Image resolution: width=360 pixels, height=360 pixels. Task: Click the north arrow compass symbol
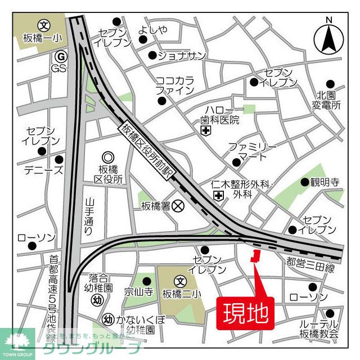pos(330,36)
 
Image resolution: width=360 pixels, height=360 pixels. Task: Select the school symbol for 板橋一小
pos(44,25)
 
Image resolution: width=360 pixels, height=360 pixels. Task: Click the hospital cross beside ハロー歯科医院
pos(206,130)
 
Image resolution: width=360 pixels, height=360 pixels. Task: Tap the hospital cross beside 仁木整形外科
pos(218,195)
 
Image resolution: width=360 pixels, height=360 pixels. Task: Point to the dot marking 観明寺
pos(305,182)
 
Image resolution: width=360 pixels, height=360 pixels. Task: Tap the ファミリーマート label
pos(251,152)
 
